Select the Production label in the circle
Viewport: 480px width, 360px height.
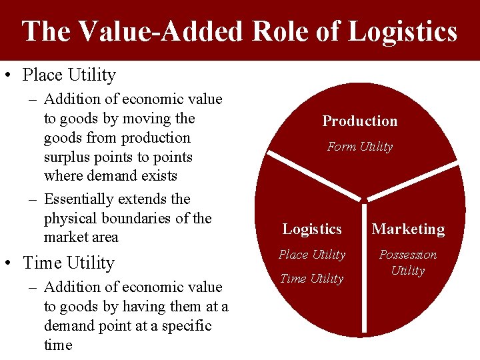point(360,121)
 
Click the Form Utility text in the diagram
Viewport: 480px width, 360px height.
point(360,147)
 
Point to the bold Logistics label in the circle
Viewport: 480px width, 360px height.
point(312,229)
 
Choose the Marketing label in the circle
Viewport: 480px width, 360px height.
point(408,229)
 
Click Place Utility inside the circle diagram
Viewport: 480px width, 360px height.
point(312,255)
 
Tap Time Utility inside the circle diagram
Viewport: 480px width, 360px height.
point(312,279)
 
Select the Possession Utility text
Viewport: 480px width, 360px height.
point(408,262)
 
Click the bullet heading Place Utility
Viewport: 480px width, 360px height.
point(69,75)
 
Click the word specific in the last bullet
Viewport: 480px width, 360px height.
point(187,326)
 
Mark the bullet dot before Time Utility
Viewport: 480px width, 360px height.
point(9,263)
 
